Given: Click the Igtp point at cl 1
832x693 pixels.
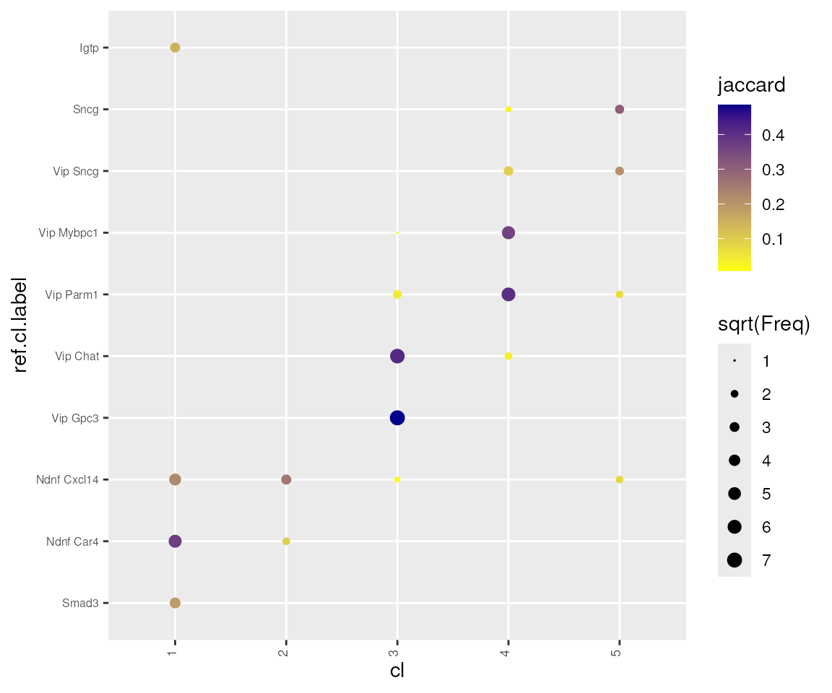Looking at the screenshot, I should (x=175, y=48).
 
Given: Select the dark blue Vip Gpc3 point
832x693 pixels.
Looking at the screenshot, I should (x=396, y=418).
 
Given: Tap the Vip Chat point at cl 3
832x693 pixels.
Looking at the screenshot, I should (x=396, y=356).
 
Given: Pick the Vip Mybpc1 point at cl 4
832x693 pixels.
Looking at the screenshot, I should (x=508, y=232).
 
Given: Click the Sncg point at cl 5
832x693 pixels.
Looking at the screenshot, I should (x=619, y=110).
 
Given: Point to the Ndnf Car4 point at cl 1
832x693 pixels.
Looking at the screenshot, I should (x=175, y=541).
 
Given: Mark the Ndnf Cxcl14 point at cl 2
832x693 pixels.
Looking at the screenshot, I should (x=286, y=479).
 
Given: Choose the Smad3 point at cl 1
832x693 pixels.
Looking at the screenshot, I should (x=175, y=603).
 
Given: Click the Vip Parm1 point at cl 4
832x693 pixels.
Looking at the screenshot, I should (x=508, y=295).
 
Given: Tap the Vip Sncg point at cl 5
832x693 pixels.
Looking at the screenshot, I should (x=619, y=171).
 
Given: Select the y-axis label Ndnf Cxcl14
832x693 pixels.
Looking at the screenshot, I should (x=67, y=479).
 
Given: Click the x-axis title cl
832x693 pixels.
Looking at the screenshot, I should (x=396, y=671).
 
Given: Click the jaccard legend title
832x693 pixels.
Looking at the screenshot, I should (x=751, y=85).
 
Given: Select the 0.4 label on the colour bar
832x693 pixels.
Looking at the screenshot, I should (x=774, y=135).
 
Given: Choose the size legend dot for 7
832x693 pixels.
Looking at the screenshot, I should (x=734, y=560).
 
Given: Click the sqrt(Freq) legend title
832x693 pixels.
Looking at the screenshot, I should (x=763, y=325).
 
